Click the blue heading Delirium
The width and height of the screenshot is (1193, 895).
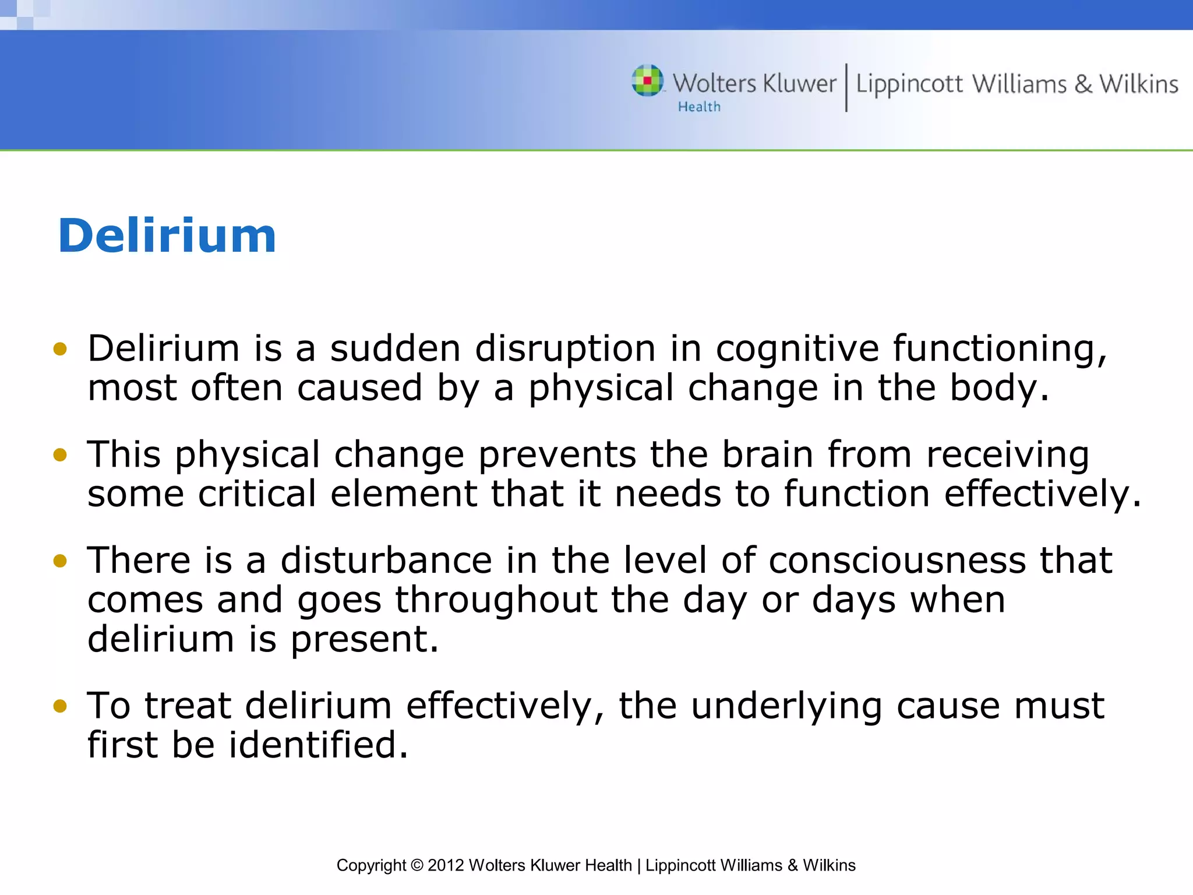coord(167,236)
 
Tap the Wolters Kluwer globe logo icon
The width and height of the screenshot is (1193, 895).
coord(647,80)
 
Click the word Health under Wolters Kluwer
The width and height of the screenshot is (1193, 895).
coord(699,107)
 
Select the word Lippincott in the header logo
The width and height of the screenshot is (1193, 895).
coord(909,85)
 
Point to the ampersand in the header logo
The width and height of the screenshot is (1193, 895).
coord(1083,84)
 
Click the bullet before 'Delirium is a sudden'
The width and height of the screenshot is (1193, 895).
coord(60,349)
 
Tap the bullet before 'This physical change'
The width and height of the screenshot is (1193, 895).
coord(60,454)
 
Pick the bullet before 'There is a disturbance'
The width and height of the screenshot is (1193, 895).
coord(60,561)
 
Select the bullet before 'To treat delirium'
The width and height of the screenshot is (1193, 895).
coord(60,706)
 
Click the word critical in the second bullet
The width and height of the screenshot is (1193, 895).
coord(257,494)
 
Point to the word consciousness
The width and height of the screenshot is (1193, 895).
coord(897,561)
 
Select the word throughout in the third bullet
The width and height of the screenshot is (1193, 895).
coord(496,600)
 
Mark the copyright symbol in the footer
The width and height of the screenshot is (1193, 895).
coord(417,865)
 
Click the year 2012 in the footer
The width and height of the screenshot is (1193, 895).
coord(446,865)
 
